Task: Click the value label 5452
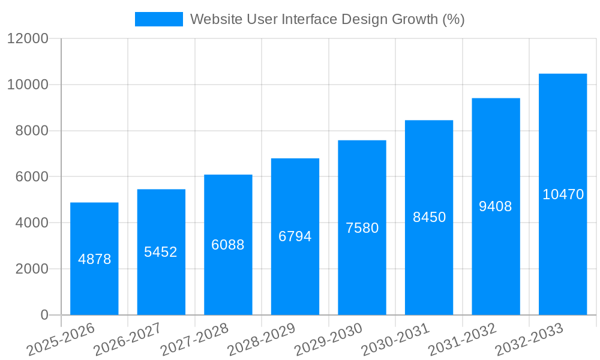pyautogui.click(x=161, y=252)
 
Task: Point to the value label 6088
pyautogui.click(x=228, y=245)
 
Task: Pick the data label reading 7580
pyautogui.click(x=362, y=228)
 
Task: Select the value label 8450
pyautogui.click(x=429, y=217)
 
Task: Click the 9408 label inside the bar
pyautogui.click(x=496, y=206)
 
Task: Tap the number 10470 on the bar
pyautogui.click(x=563, y=194)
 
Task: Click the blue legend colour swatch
pyautogui.click(x=158, y=19)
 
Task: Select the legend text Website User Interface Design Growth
pyautogui.click(x=327, y=19)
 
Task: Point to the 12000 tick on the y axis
pyautogui.click(x=28, y=38)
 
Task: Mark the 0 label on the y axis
pyautogui.click(x=44, y=315)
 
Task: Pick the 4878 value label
pyautogui.click(x=94, y=259)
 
